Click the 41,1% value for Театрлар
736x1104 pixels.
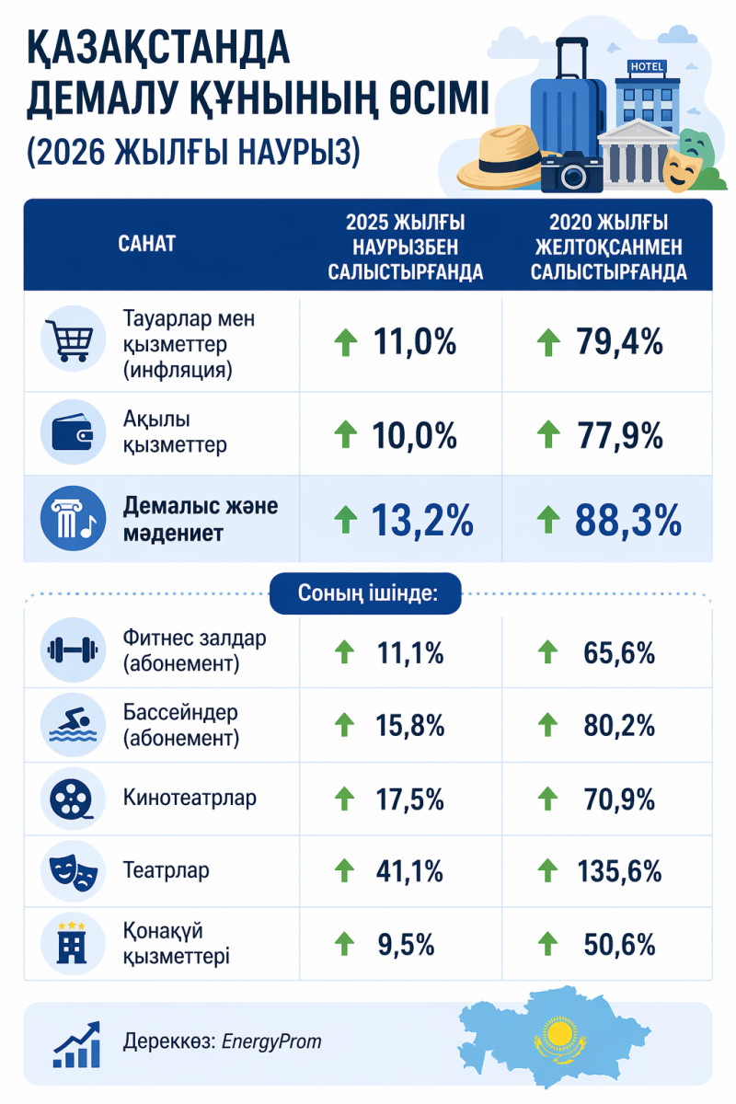click(410, 870)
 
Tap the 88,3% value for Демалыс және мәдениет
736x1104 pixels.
click(628, 522)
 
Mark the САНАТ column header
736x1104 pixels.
click(147, 244)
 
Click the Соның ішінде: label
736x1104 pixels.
click(367, 593)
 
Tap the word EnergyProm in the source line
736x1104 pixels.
click(271, 1042)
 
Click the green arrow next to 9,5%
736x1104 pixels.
click(344, 943)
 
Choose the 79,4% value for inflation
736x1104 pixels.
click(619, 342)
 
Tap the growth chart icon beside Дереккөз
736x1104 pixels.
click(76, 1044)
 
